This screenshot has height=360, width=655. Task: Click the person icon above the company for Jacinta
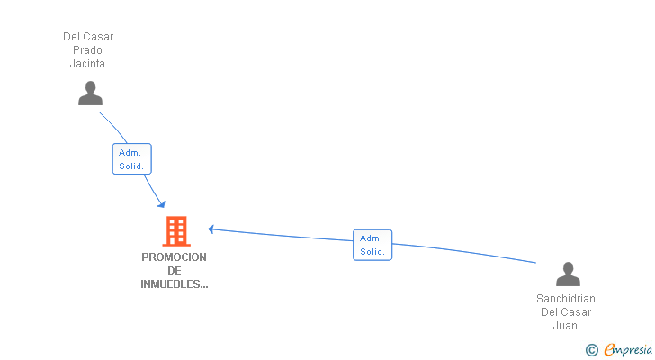point(90,94)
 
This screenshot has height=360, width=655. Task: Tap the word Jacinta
point(88,64)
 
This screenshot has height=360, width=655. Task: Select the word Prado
point(88,50)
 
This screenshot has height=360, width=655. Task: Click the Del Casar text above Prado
point(88,37)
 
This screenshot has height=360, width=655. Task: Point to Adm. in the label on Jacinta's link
point(131,153)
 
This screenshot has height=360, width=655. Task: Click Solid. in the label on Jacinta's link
point(131,166)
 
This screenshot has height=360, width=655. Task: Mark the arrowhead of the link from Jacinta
point(161,202)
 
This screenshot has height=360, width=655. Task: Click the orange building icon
point(175,231)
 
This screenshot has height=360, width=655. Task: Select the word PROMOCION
point(174,257)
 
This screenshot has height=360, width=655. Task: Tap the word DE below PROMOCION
point(174,271)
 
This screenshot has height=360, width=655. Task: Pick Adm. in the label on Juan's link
point(372,238)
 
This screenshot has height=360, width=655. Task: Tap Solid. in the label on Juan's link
point(372,252)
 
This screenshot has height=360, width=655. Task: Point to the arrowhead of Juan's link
point(211,229)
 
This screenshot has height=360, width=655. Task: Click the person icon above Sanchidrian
point(568,274)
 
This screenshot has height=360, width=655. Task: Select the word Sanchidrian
point(566,299)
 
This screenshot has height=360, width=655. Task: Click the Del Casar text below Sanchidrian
point(566,312)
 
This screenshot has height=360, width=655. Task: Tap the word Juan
point(566,326)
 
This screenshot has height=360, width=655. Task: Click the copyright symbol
point(591,350)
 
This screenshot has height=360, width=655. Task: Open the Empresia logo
point(628,350)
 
